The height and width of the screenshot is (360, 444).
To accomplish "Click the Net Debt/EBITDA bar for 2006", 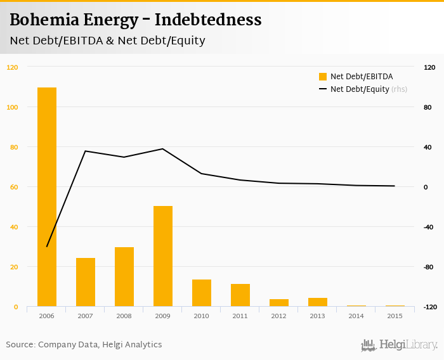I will (x=47, y=197).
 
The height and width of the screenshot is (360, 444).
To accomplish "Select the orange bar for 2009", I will (x=163, y=256).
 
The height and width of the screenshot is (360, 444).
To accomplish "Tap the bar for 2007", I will (x=86, y=282).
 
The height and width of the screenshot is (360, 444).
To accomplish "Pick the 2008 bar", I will (x=124, y=277).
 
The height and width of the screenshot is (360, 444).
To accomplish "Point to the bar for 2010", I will (x=202, y=293).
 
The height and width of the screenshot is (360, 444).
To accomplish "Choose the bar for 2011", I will (x=240, y=295).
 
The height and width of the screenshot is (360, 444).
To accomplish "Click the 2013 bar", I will (x=318, y=302).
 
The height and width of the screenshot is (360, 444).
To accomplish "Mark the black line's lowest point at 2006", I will (x=47, y=247).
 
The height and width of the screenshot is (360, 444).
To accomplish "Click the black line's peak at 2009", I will (x=163, y=149).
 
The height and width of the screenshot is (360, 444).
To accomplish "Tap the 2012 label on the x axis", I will (x=279, y=316).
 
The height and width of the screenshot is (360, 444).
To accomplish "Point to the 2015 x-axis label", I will (x=395, y=316).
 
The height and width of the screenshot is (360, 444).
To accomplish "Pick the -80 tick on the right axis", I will (x=428, y=267).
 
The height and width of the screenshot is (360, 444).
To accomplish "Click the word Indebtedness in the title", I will (x=208, y=20).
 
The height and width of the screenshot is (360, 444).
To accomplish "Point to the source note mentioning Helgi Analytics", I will (x=84, y=345).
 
